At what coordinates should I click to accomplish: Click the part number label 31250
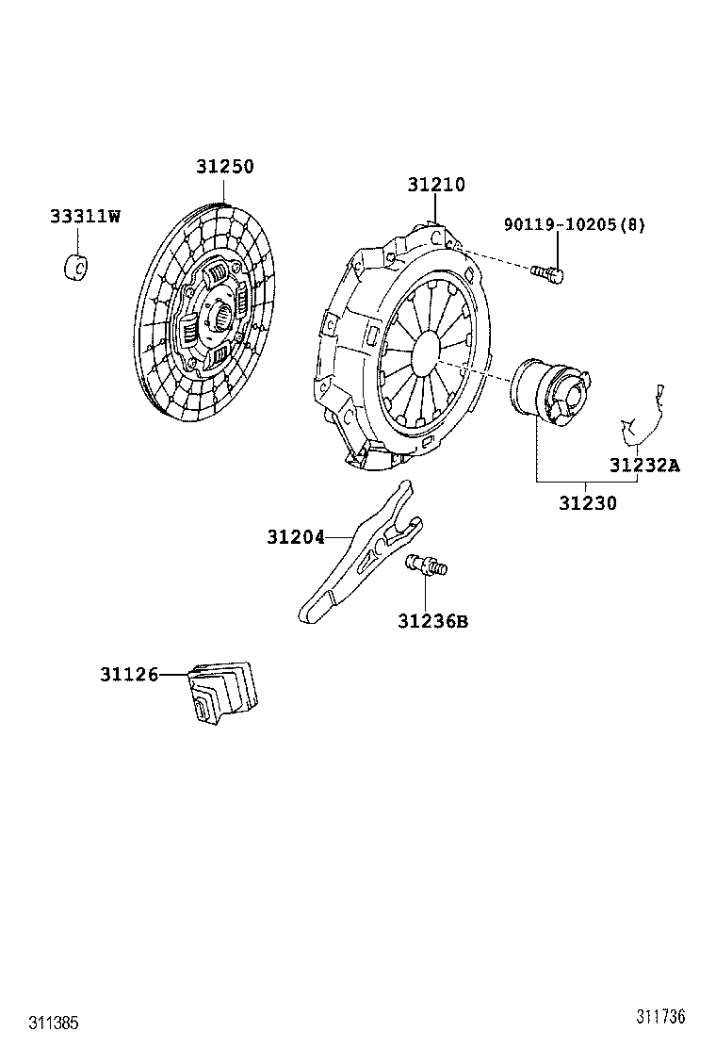(x=225, y=167)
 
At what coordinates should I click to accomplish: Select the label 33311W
(x=85, y=217)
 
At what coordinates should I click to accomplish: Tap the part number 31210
(x=436, y=185)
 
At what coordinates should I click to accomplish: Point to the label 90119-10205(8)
(x=575, y=224)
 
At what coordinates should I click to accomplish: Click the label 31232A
(x=643, y=465)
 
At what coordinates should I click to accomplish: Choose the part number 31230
(x=587, y=503)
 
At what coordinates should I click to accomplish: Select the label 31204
(x=295, y=537)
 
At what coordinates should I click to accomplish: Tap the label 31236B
(x=432, y=621)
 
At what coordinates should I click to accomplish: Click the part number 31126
(x=128, y=674)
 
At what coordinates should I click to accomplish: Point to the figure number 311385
(x=54, y=1023)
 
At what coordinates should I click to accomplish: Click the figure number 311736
(x=659, y=1016)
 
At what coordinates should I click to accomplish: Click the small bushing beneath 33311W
(x=75, y=267)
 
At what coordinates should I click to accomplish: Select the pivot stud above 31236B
(x=427, y=565)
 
